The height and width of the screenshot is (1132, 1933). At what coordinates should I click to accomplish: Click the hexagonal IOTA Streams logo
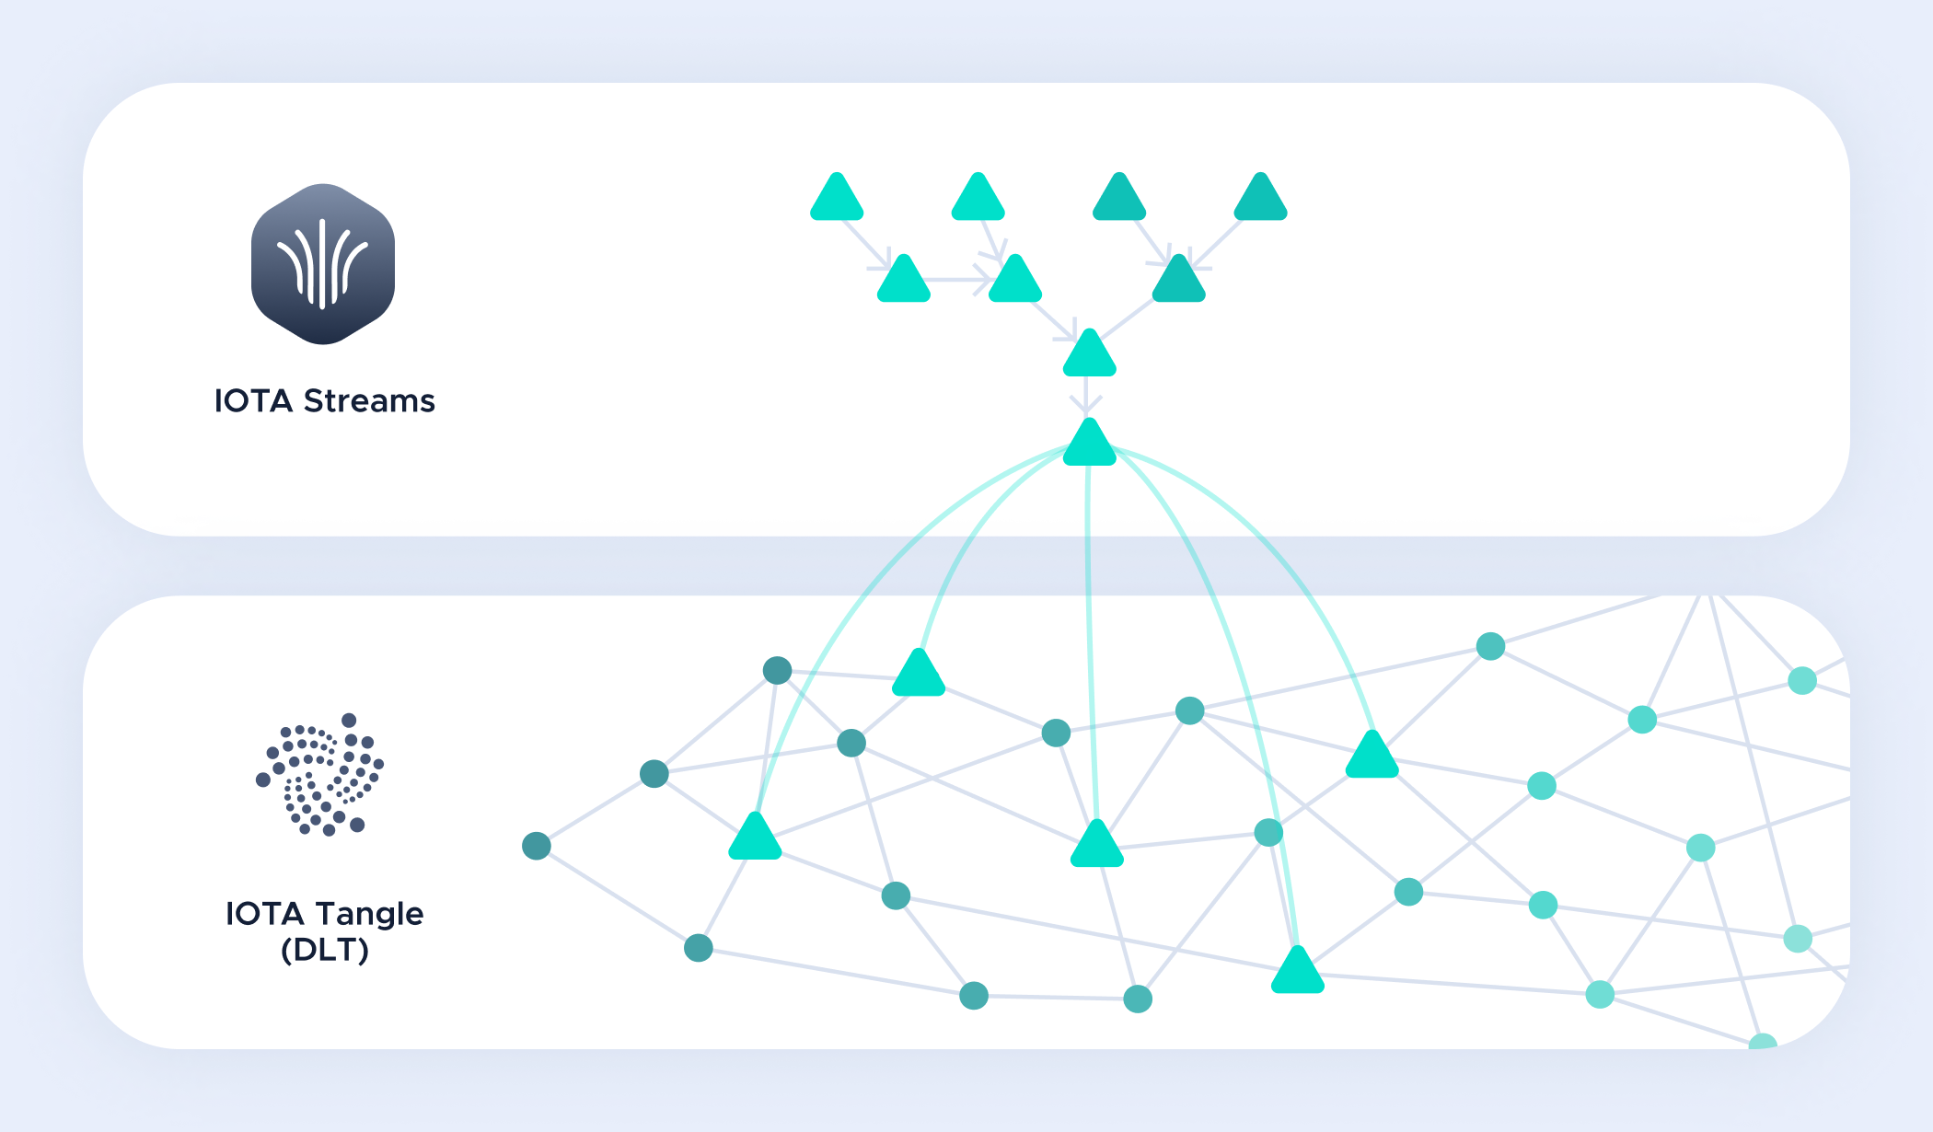(x=323, y=264)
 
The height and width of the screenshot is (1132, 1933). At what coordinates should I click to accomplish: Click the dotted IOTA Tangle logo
(x=319, y=774)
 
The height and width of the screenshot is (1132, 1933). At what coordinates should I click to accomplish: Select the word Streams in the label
(x=369, y=401)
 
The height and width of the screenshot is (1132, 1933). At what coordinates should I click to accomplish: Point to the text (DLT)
(x=325, y=950)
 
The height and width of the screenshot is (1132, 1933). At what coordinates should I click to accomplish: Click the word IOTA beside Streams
(x=253, y=401)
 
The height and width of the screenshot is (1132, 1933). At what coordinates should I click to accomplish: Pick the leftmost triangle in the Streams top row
(x=837, y=198)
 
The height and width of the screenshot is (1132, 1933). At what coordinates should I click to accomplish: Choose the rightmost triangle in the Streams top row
(x=1260, y=198)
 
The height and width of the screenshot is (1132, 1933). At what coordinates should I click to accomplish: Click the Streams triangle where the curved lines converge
(x=1090, y=444)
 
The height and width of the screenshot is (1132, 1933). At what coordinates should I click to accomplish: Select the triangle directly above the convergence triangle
(x=1090, y=354)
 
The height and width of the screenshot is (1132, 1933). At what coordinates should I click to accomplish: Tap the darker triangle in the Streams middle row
(x=1179, y=280)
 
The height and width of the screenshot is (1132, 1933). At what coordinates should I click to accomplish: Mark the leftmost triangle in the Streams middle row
(x=904, y=280)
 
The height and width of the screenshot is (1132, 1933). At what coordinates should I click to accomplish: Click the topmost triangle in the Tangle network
(x=919, y=674)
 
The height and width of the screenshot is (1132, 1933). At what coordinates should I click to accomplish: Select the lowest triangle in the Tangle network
(x=1298, y=971)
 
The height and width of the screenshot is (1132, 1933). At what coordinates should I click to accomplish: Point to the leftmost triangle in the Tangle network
(x=755, y=837)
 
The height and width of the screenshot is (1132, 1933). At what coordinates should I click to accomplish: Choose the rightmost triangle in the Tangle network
(x=1372, y=756)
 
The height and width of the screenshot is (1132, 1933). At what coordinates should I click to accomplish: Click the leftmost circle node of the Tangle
(x=537, y=846)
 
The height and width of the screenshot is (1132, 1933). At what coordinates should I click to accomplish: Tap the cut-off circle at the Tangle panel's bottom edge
(x=1763, y=1042)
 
